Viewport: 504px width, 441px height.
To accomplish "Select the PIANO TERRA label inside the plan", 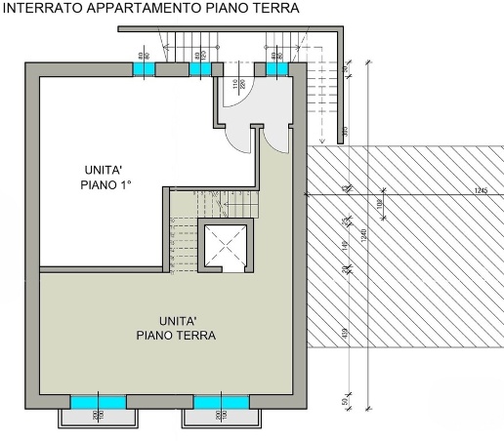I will pyautogui.click(x=177, y=335).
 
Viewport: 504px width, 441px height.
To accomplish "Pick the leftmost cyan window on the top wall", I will pyautogui.click(x=144, y=69).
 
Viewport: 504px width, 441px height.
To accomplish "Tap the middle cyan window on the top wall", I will pyautogui.click(x=200, y=69).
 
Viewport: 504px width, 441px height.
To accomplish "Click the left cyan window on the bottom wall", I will pyautogui.click(x=97, y=401).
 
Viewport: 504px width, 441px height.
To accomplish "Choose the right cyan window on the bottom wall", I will pyautogui.click(x=221, y=401).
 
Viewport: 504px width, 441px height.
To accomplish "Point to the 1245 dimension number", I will pyautogui.click(x=480, y=190).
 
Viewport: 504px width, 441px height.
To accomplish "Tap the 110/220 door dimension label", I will pyautogui.click(x=235, y=90).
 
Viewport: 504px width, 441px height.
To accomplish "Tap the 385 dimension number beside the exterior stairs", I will pyautogui.click(x=345, y=130).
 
